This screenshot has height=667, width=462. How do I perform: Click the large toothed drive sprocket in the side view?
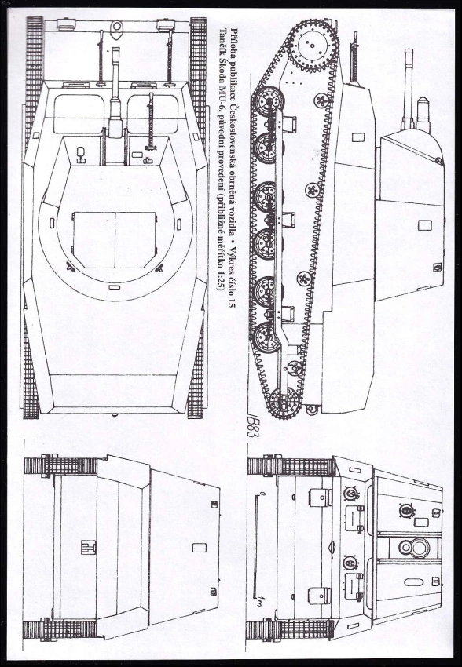tap(312, 46)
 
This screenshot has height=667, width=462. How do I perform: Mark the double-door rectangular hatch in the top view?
tap(115, 239)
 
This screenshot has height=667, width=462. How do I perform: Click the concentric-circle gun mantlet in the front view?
tap(415, 548)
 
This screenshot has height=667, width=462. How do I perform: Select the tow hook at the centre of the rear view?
tap(89, 547)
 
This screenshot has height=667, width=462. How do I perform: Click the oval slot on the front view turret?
tap(413, 582)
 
